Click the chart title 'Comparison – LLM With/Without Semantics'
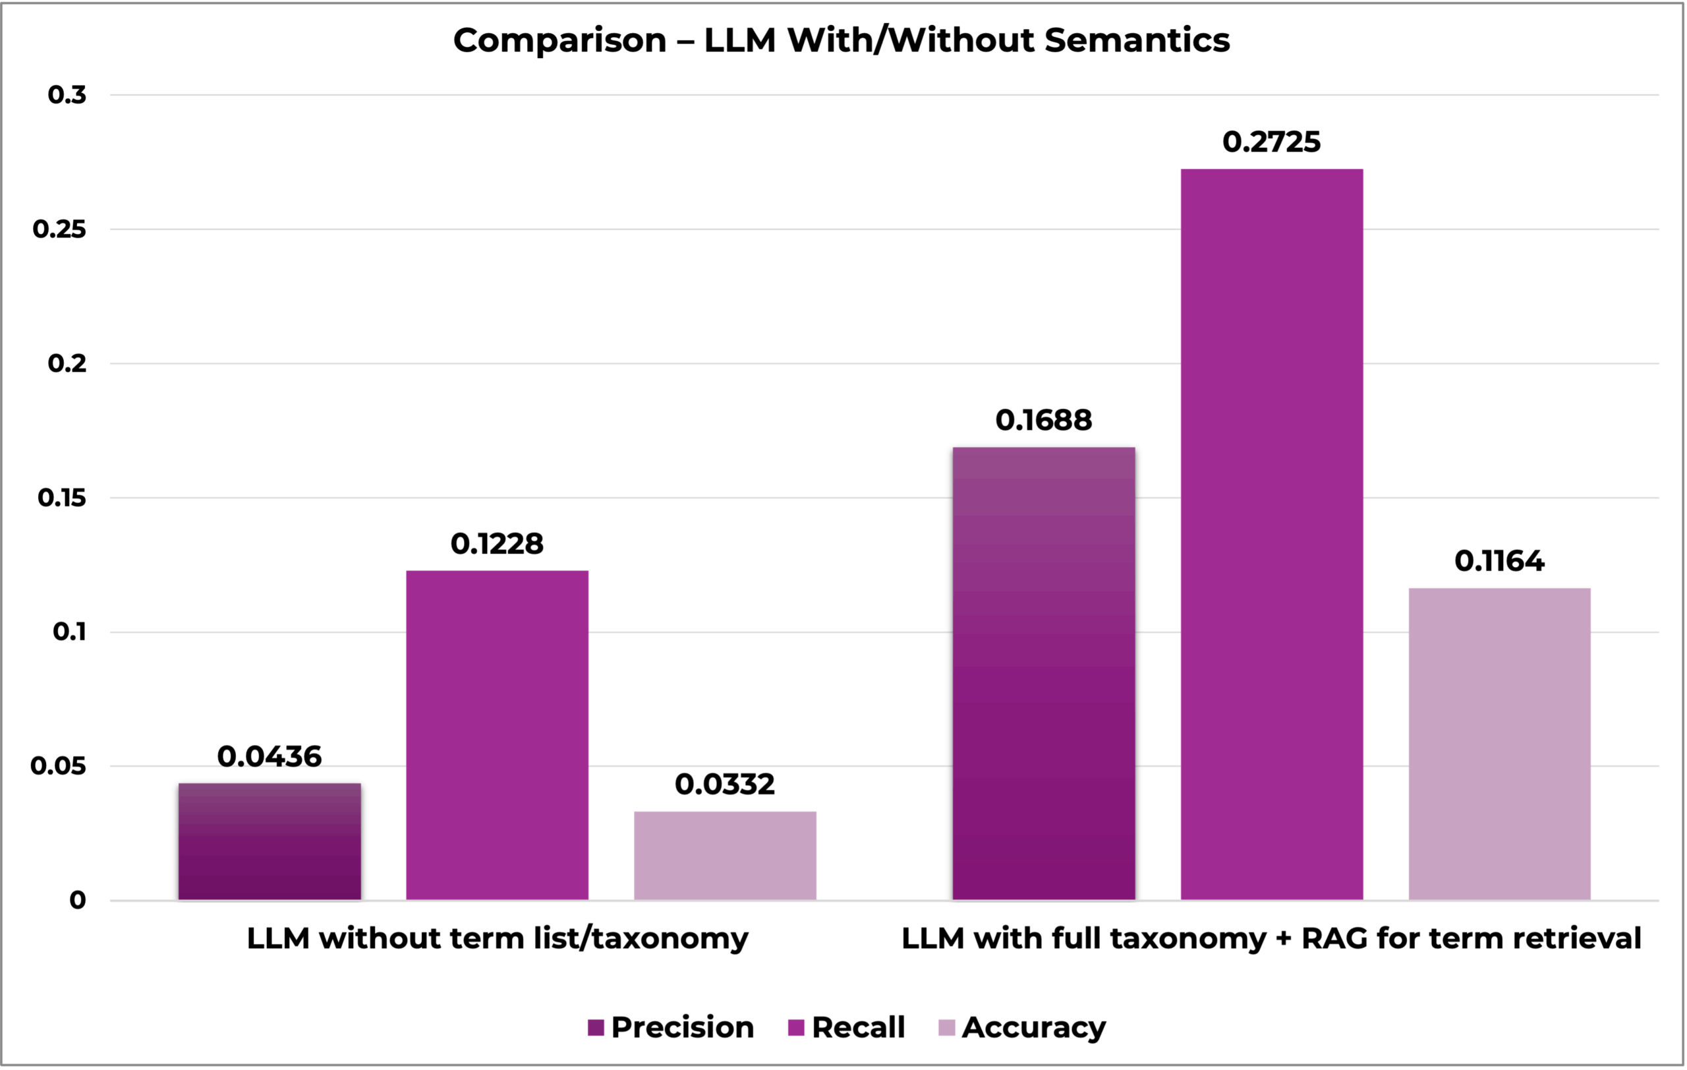[842, 40]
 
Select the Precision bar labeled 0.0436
[270, 841]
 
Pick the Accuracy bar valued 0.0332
[725, 855]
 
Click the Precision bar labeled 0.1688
[1044, 672]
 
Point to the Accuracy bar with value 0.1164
[1499, 743]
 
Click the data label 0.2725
[1272, 142]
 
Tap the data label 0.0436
[270, 757]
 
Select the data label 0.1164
[1499, 561]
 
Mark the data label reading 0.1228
[498, 544]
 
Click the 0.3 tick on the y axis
[67, 94]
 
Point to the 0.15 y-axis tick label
[62, 498]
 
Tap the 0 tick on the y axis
[77, 901]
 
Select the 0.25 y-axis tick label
[59, 229]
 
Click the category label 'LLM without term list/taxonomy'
[498, 938]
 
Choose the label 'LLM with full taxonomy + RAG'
[1271, 938]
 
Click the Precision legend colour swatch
[596, 1028]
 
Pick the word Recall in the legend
[858, 1028]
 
